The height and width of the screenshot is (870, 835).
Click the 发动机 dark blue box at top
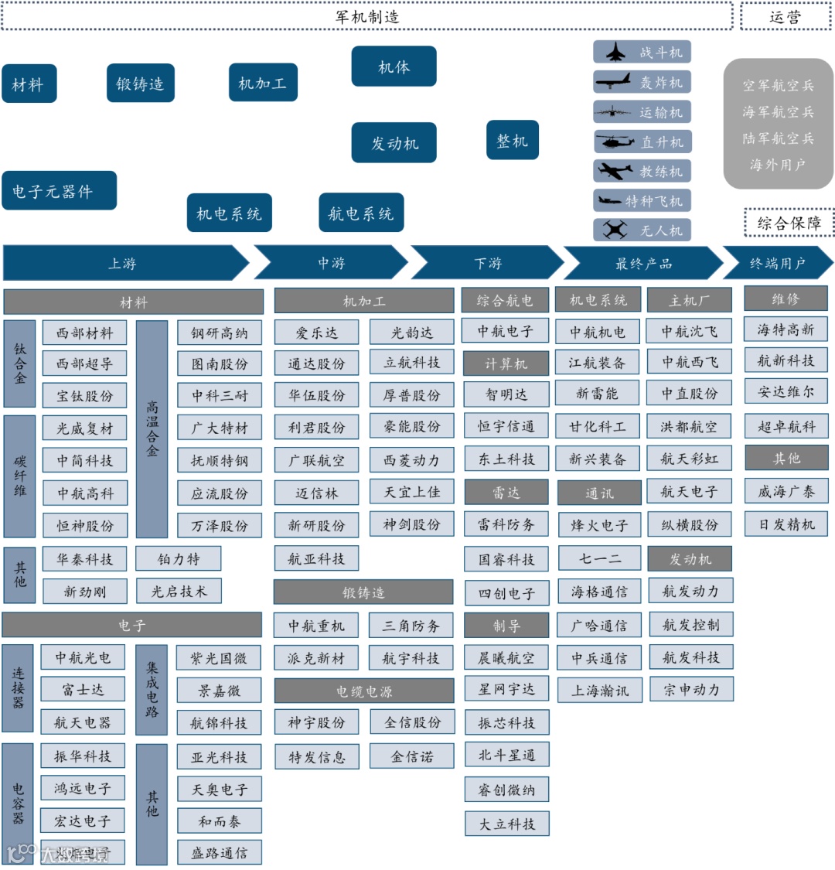point(394,143)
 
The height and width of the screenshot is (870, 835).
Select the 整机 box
point(512,141)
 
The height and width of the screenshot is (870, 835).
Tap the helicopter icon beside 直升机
point(615,142)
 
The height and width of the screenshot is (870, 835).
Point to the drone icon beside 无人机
point(615,230)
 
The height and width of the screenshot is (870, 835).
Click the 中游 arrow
point(331,264)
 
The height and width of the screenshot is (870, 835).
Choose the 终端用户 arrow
point(777,264)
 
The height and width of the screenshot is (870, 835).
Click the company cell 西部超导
point(84,363)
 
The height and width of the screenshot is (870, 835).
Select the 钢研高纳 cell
point(220,333)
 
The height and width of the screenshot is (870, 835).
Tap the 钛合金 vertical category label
point(20,363)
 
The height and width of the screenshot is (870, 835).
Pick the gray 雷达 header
point(506,492)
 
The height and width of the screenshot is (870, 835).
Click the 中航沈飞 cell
point(690,332)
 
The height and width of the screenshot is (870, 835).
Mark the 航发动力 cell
point(690,591)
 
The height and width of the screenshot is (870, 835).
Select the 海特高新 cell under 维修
point(786,329)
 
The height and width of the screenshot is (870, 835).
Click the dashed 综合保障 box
point(789,223)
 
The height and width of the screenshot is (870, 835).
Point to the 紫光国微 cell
point(219,658)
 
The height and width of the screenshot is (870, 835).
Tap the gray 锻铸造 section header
point(363,592)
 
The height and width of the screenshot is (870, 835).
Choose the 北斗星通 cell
point(506,755)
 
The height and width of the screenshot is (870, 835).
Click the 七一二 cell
point(599,558)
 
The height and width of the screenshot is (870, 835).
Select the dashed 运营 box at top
point(786,17)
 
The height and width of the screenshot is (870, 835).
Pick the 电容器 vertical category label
point(19,803)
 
